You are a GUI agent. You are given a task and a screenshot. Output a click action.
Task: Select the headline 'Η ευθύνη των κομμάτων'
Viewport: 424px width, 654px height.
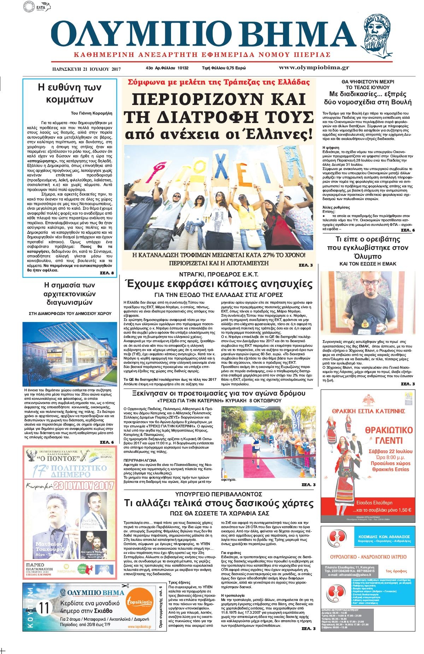pyautogui.click(x=70, y=93)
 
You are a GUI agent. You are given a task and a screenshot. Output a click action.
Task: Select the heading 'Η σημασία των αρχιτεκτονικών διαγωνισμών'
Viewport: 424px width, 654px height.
pyautogui.click(x=70, y=294)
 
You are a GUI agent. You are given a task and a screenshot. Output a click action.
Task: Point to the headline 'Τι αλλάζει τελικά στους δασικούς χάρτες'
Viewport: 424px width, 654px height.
pyautogui.click(x=218, y=503)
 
